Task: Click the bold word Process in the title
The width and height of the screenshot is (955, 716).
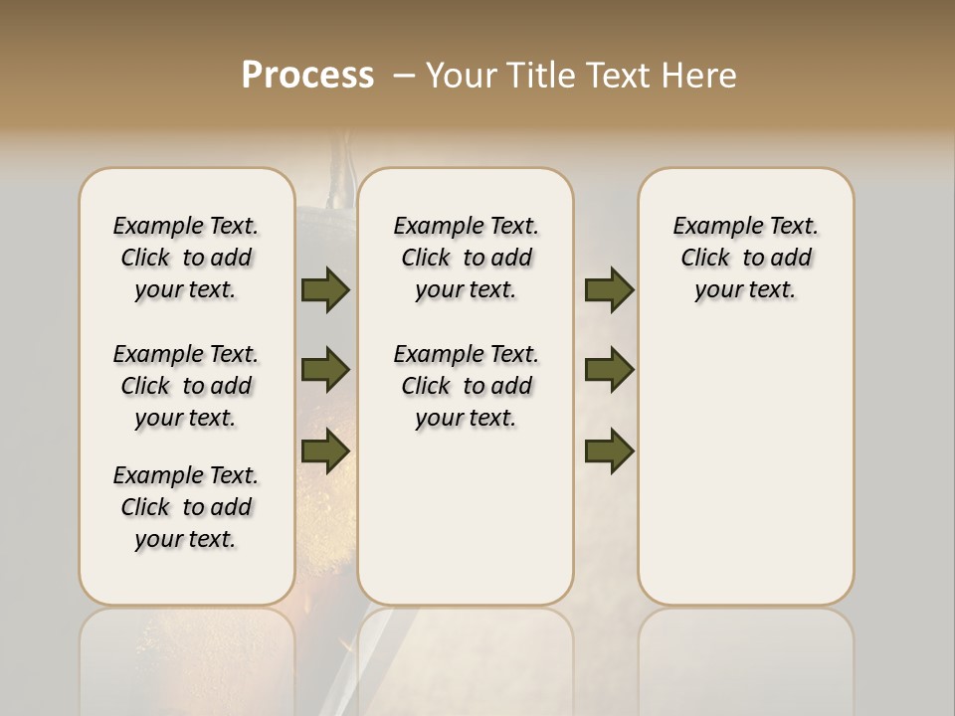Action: [x=307, y=76]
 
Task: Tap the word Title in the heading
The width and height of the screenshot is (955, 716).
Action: [x=541, y=76]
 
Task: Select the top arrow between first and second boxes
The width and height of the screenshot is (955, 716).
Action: [x=325, y=289]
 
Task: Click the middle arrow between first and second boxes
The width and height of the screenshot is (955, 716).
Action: [x=325, y=370]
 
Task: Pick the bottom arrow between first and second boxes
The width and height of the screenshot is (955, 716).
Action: [x=325, y=450]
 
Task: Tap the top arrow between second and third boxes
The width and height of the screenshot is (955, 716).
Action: [x=609, y=289]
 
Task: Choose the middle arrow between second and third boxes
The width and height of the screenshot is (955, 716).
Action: [x=609, y=370]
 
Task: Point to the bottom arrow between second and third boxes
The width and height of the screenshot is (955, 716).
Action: [x=609, y=450]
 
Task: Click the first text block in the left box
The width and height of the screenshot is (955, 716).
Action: [x=186, y=258]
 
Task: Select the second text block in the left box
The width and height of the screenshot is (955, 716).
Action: [x=186, y=386]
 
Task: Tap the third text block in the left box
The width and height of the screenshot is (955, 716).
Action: [x=186, y=507]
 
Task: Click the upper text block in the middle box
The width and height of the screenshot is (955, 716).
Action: [x=466, y=258]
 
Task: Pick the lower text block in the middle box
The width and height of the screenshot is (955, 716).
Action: [x=466, y=386]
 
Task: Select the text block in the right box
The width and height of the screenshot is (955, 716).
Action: [x=745, y=258]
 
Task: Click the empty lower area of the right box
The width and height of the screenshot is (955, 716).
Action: [x=745, y=457]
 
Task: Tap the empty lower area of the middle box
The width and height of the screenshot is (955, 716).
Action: [x=466, y=517]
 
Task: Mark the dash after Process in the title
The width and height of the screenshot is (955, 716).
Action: [x=404, y=76]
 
